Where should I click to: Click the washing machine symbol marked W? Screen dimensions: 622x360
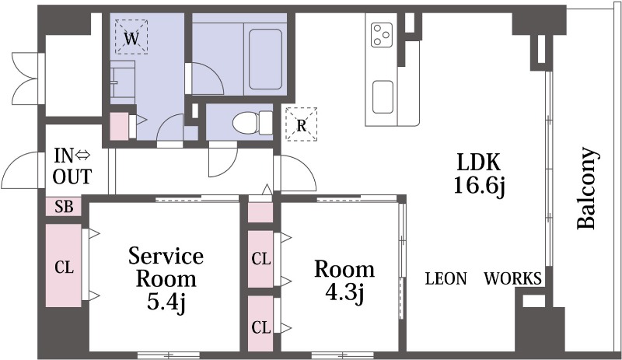click(x=131, y=37)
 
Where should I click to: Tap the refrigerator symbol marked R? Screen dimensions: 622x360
click(x=302, y=124)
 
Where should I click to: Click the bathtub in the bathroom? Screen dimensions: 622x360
click(x=265, y=59)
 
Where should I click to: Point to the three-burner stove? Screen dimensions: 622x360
click(x=382, y=34)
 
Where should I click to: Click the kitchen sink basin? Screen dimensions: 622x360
click(x=383, y=97)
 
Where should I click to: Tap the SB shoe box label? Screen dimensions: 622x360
click(x=64, y=206)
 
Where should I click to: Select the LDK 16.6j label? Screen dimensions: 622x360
click(x=479, y=173)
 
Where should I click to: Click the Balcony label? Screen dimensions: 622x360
click(x=586, y=188)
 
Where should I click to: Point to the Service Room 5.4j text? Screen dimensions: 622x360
click(x=166, y=279)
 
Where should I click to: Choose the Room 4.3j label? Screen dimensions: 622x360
click(x=344, y=281)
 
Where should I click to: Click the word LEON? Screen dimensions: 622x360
click(x=446, y=278)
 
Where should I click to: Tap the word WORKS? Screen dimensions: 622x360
click(x=512, y=278)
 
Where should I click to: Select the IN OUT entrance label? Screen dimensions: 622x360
click(x=72, y=166)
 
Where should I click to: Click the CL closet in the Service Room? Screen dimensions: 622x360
click(x=64, y=265)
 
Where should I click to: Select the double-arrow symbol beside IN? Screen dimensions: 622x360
click(x=83, y=156)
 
